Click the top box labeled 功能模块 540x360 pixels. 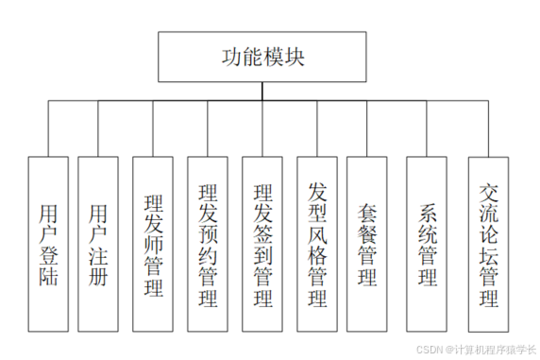260,57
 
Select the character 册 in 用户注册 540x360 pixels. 99,277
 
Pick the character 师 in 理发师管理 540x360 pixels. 154,247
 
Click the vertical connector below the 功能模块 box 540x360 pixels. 260,90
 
